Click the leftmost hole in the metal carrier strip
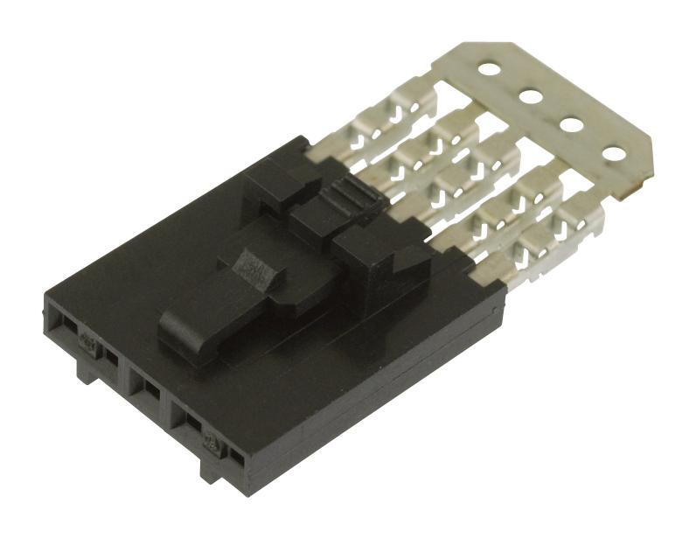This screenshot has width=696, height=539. click(x=487, y=66)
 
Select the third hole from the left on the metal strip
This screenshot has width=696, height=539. click(x=572, y=123)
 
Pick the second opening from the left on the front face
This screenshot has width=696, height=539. click(x=110, y=357)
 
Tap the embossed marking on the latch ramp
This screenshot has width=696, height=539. click(x=256, y=268)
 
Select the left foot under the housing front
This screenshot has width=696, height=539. click(x=87, y=373)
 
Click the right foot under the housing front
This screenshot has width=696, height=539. click(x=212, y=472)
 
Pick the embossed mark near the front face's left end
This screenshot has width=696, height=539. click(x=88, y=340)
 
